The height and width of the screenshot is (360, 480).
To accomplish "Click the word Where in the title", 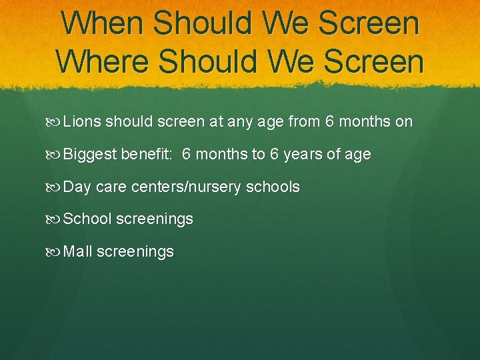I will (104, 61).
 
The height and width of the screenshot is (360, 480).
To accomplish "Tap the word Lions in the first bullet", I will (82, 122).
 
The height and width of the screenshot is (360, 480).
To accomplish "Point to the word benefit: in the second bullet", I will (147, 155).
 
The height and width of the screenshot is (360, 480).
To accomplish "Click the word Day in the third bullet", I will (77, 187).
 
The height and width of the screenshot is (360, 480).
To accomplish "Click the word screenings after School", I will (155, 219).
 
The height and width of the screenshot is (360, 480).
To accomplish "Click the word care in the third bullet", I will (111, 187).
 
